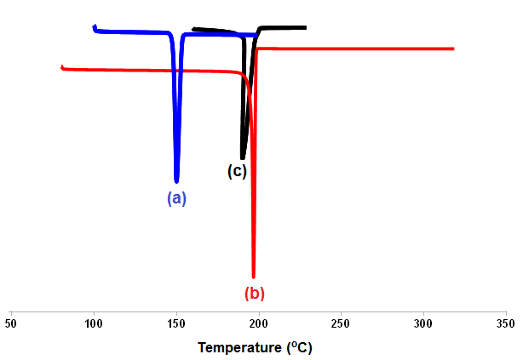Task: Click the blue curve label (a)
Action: coord(176,198)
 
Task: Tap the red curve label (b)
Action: coord(255,294)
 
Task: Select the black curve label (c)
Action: coord(237,170)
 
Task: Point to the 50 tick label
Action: coord(11,324)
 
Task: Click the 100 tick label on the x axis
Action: coord(94,324)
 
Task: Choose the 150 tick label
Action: coord(176,324)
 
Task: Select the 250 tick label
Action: coord(341,324)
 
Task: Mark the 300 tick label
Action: coord(423,324)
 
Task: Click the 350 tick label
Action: coord(506,324)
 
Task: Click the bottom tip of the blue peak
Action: coord(176,181)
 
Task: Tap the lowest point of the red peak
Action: coord(253,277)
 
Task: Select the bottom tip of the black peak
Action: coord(243,158)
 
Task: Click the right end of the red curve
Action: coord(453,49)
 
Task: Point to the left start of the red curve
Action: coord(61,66)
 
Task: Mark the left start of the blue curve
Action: coord(94,26)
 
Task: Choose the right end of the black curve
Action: coord(305,27)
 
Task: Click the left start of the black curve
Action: coord(194,29)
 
